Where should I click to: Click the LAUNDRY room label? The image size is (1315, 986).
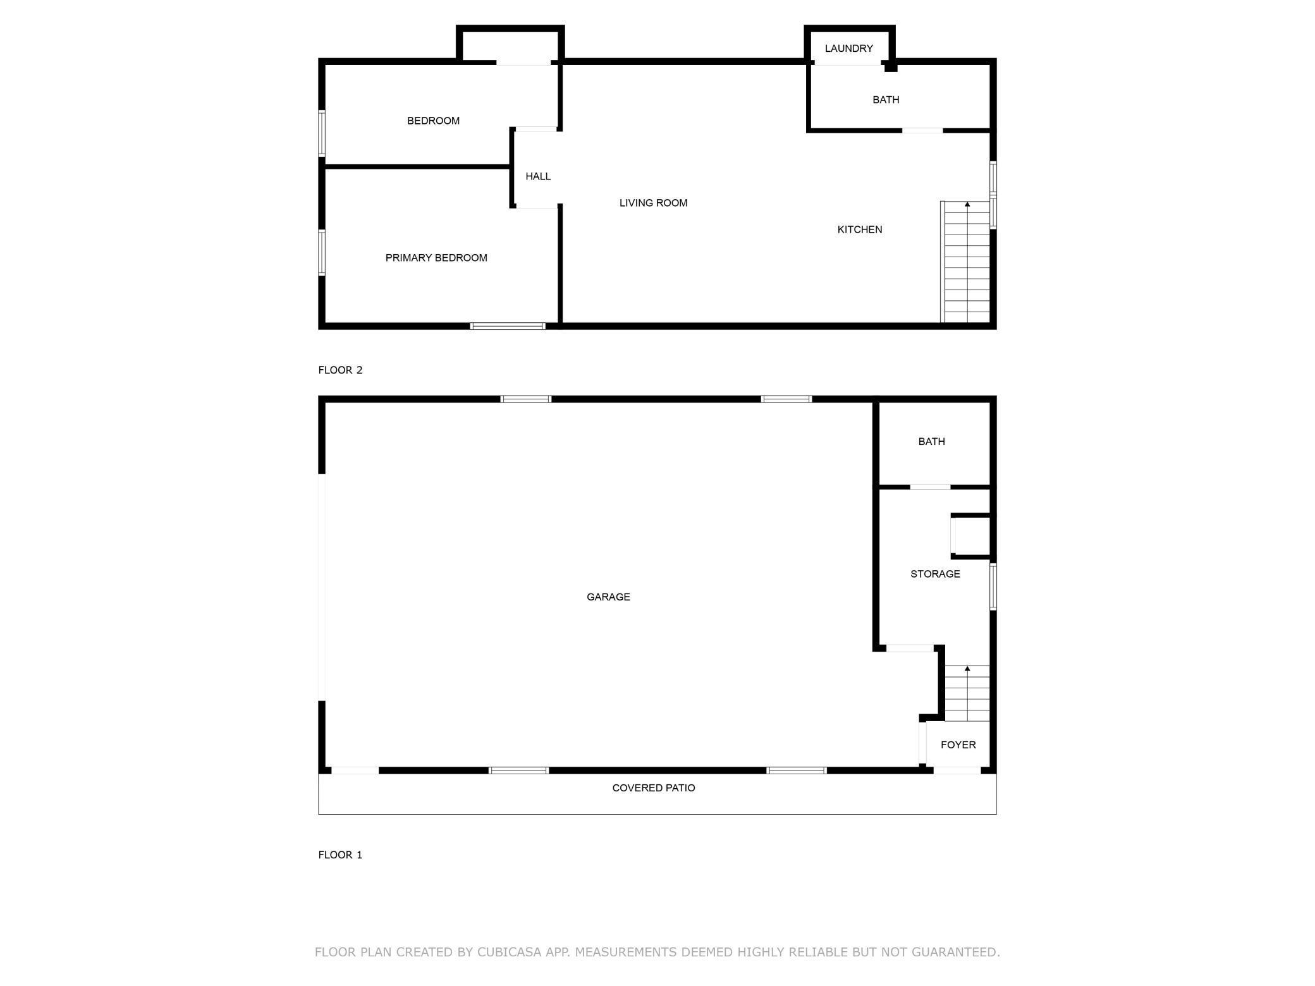848,49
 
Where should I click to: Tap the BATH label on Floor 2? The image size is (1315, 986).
885,100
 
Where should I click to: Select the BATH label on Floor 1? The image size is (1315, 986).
931,442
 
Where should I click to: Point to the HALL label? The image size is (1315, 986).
538,176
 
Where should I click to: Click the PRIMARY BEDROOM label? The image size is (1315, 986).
436,258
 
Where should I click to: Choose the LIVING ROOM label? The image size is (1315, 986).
653,203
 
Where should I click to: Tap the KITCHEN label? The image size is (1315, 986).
859,229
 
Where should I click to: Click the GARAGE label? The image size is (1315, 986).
608,597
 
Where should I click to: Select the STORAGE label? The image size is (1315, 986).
935,574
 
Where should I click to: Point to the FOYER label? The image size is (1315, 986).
958,745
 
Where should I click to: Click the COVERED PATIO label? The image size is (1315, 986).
653,788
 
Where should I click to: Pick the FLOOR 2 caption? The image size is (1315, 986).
340,370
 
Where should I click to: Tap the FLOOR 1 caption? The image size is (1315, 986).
340,855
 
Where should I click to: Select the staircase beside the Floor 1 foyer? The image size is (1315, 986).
967,693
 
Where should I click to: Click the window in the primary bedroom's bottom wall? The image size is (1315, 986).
508,326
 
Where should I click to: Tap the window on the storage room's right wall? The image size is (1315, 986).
993,587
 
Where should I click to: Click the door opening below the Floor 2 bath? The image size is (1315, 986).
922,131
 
